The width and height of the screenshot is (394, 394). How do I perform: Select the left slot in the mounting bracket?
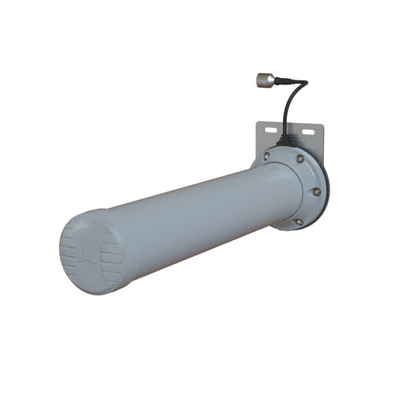tap(269, 128)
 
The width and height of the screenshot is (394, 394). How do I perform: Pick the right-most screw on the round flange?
tap(317, 191)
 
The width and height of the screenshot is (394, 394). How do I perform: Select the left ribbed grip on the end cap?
tap(69, 254)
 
